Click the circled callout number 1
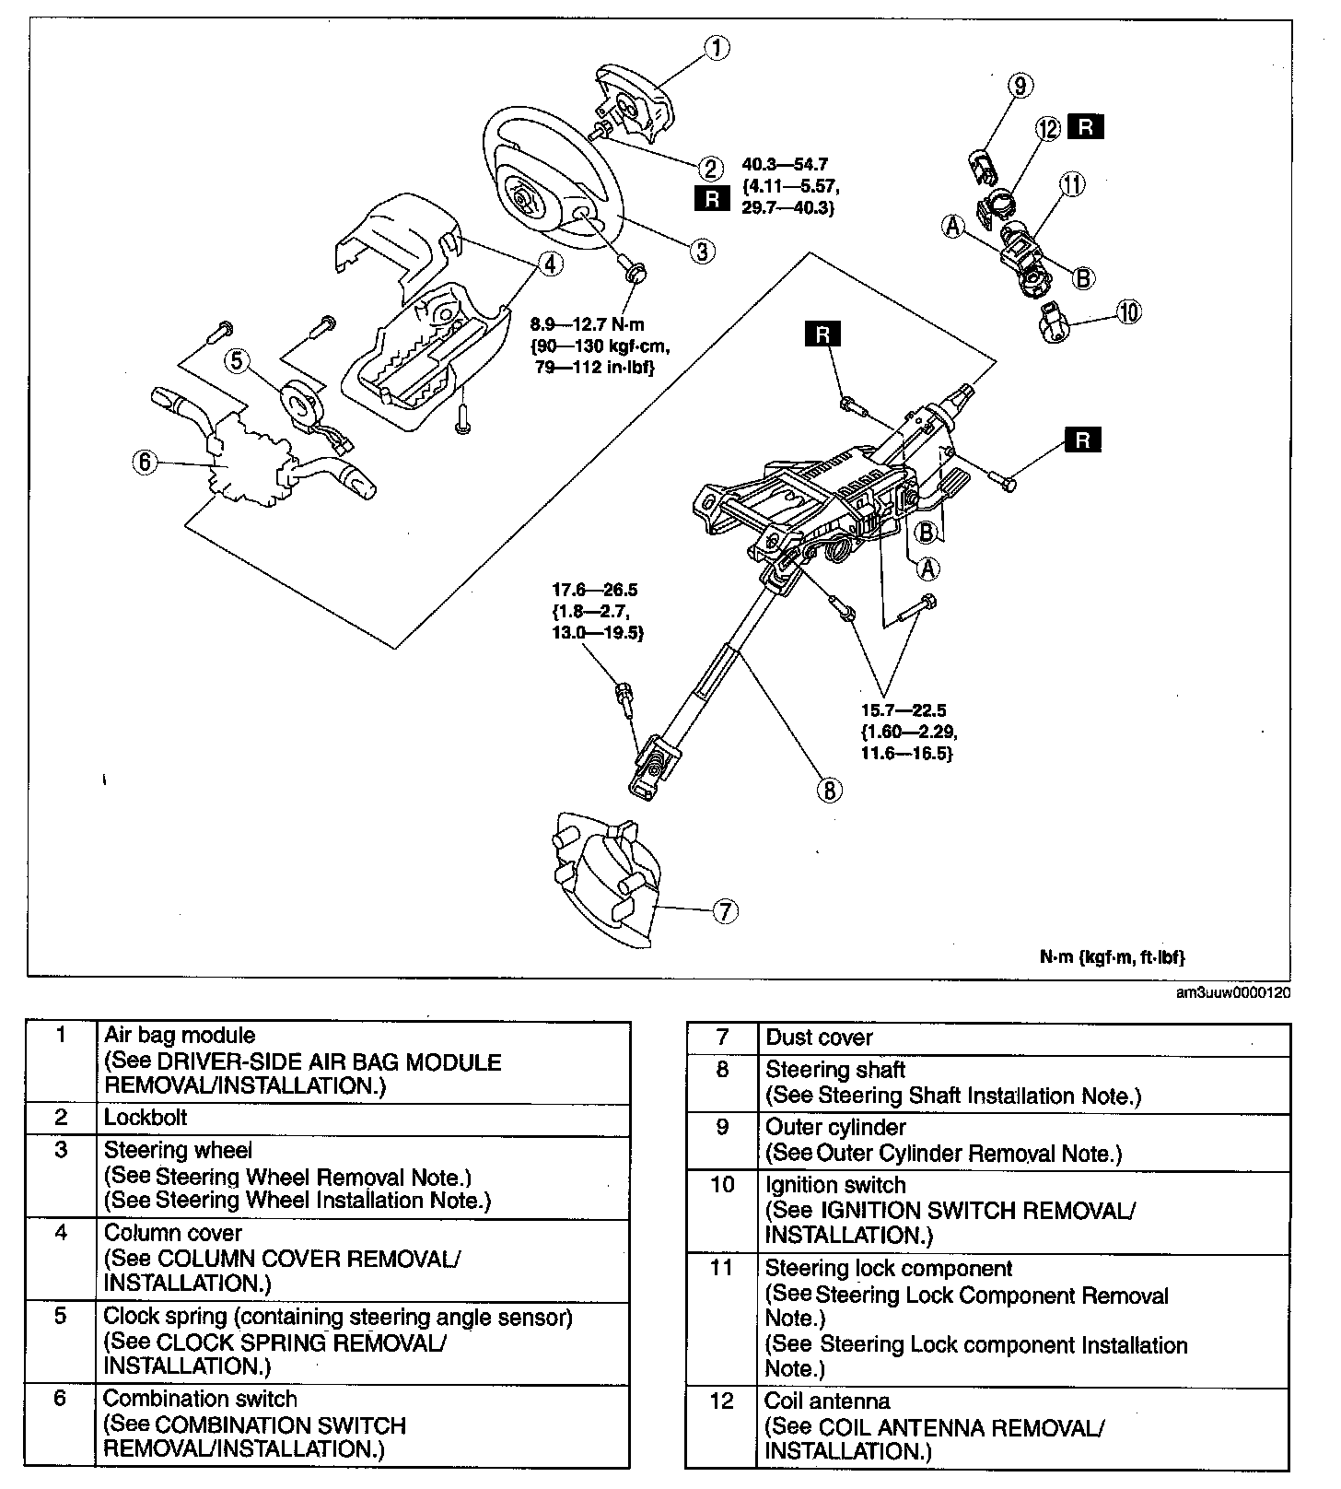click(x=717, y=47)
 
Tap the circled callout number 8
click(x=828, y=789)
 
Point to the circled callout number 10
click(x=1128, y=312)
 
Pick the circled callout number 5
click(x=237, y=360)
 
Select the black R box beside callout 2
click(x=712, y=197)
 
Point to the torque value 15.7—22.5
click(x=904, y=710)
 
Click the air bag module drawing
click(x=636, y=105)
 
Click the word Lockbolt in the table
click(x=146, y=1118)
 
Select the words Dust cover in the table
click(x=819, y=1038)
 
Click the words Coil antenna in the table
click(x=827, y=1401)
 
